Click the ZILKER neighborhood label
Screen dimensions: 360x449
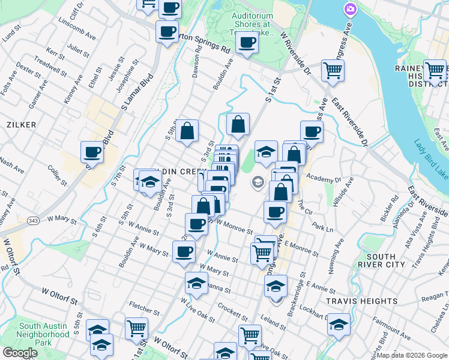[22, 124]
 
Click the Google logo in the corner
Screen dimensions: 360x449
[19, 353]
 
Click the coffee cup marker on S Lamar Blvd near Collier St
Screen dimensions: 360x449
[92, 152]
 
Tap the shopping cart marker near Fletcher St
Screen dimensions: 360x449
[137, 328]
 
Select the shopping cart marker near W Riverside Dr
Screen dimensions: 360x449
[333, 70]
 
